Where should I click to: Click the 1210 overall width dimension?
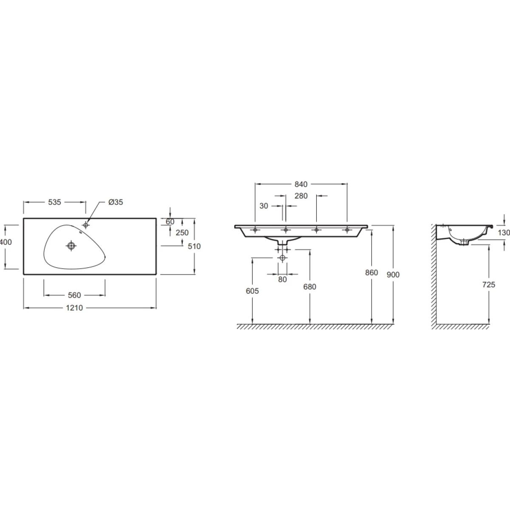coord(74,308)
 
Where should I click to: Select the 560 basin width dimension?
coord(74,295)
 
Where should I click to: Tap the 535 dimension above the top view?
coord(54,202)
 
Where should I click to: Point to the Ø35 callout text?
coord(116,202)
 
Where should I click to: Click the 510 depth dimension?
coord(194,246)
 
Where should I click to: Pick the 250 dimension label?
coord(182,232)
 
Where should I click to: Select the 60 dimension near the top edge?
coord(170,222)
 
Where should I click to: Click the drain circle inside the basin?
coord(71,246)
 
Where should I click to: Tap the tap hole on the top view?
coord(85,225)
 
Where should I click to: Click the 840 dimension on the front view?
coord(301,184)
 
